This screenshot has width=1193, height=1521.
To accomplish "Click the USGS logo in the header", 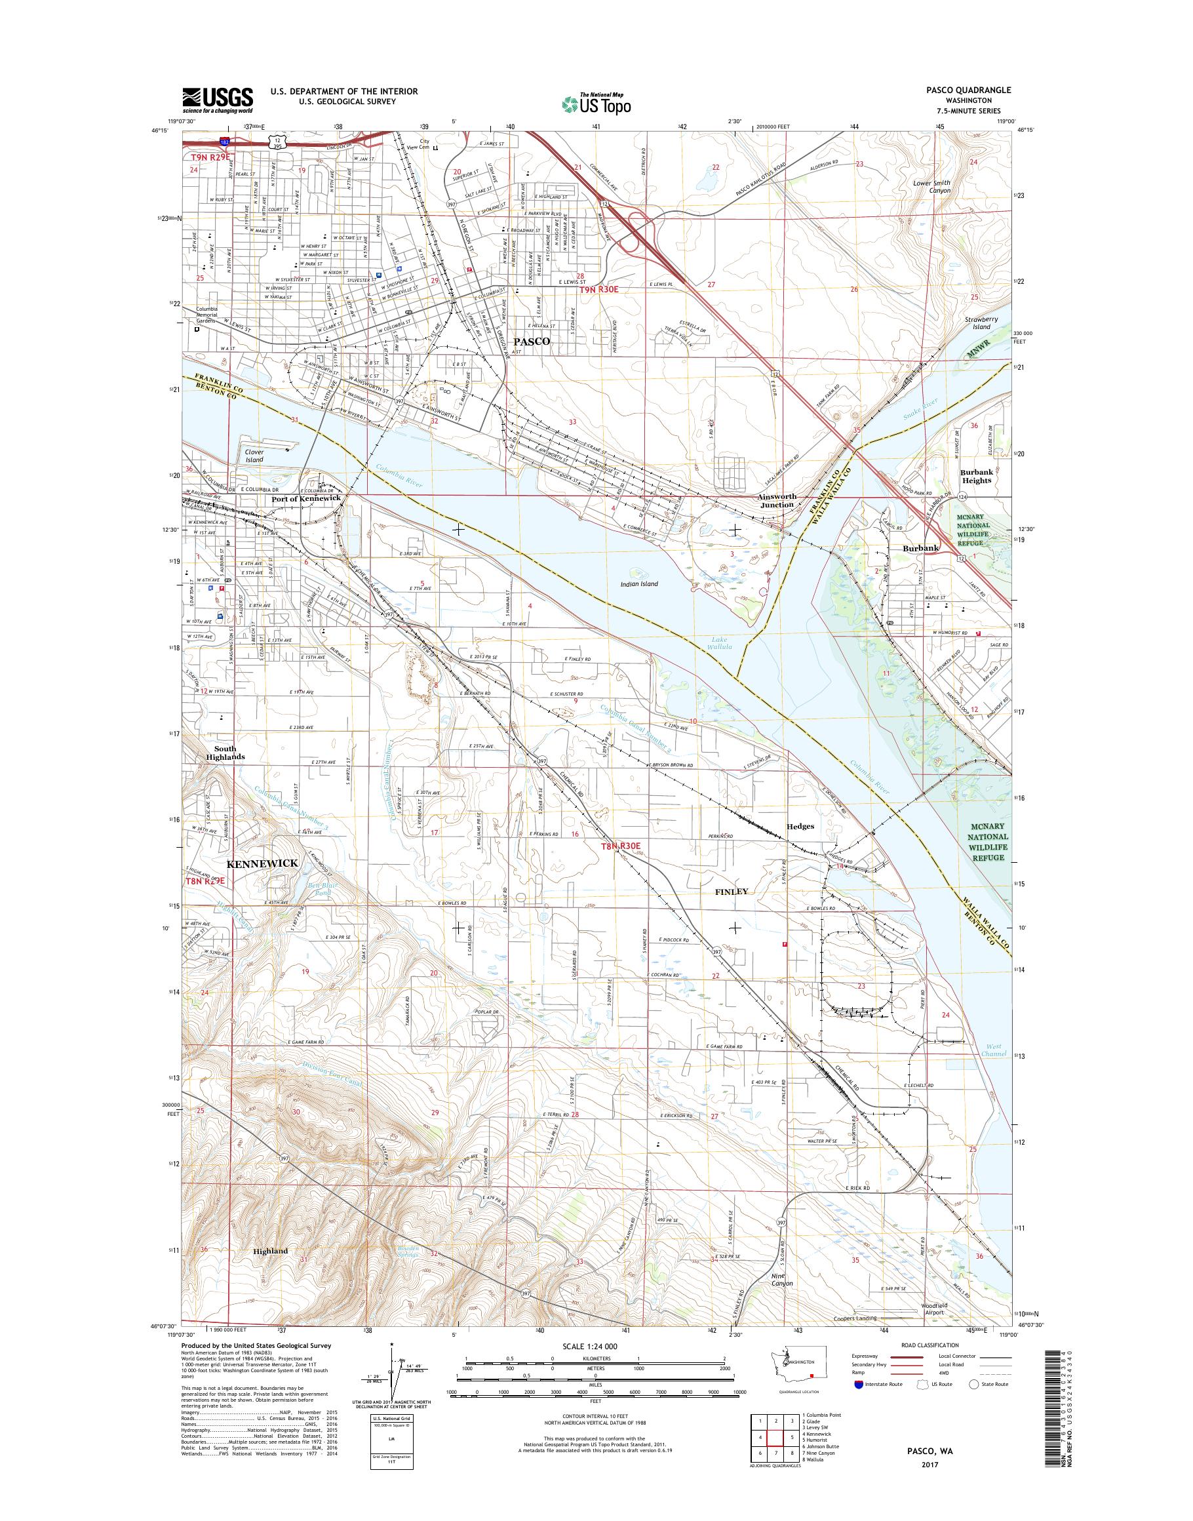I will tap(217, 100).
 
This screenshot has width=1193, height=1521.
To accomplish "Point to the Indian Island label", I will tap(639, 584).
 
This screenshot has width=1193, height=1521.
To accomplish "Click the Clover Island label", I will tap(254, 456).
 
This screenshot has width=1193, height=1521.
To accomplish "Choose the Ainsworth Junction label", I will tap(777, 500).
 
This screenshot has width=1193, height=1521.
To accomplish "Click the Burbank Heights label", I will tap(976, 476).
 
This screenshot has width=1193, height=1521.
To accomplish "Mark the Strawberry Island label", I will tap(978, 323).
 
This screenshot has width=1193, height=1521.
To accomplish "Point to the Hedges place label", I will tap(800, 826).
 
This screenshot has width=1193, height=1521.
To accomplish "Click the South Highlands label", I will tap(225, 753).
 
